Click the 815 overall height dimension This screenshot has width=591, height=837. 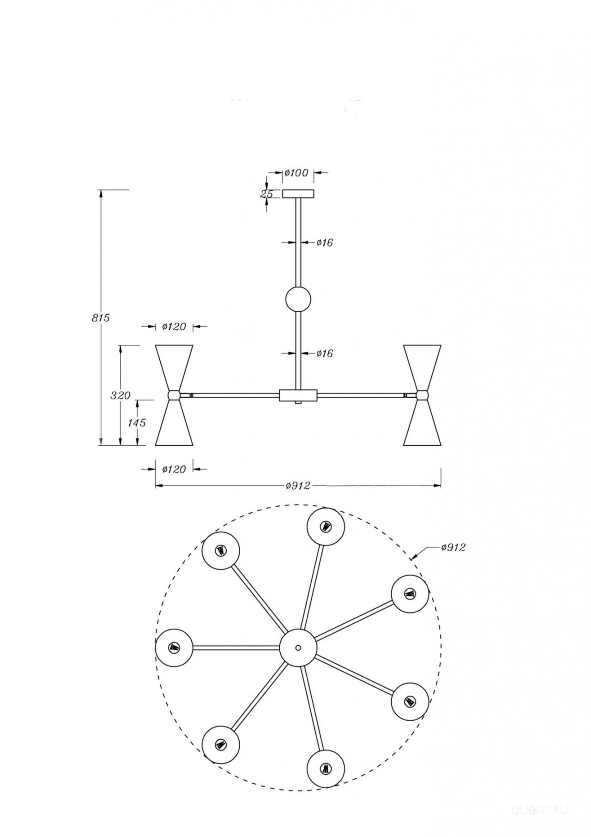coord(101,318)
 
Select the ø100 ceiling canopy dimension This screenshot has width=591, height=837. coord(296,173)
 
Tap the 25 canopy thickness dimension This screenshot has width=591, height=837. coord(266,194)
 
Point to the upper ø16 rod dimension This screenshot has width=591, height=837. coord(325,242)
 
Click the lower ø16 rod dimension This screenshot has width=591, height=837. coord(325,353)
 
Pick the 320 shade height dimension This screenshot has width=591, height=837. coord(121,395)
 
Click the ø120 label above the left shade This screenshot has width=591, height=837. coord(174,327)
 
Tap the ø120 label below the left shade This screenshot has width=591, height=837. coord(174,469)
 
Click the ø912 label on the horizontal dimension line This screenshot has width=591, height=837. coord(298,485)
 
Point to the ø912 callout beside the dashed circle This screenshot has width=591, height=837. coord(453,547)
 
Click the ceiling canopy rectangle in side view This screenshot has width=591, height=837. coord(298,194)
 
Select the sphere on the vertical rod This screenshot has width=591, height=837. coord(298,299)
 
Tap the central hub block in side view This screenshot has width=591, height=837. coord(298,395)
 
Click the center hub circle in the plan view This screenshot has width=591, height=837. coord(298,647)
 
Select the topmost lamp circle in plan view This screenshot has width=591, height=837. coord(326,527)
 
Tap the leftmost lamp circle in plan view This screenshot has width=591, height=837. coord(174,647)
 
